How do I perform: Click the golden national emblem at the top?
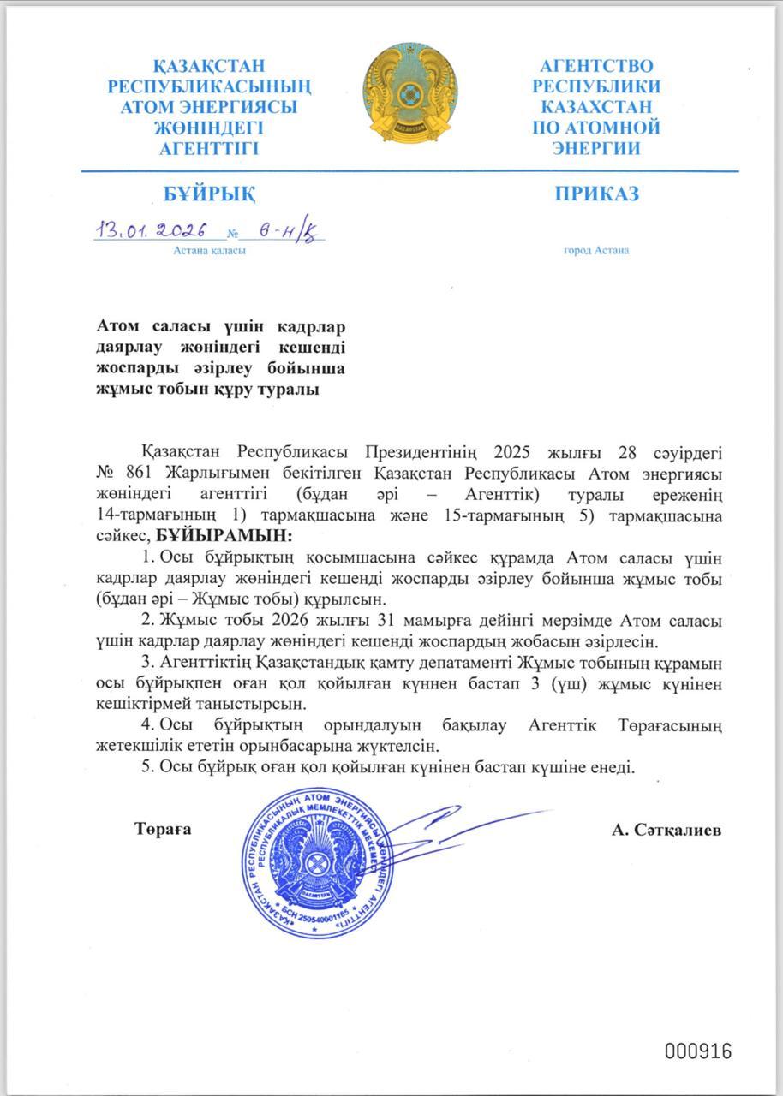coord(409,95)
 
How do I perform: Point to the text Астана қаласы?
coord(210,251)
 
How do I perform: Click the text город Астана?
coord(596,251)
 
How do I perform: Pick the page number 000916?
coord(698,1051)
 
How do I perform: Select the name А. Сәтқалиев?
coord(666,831)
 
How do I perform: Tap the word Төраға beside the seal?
coord(163,830)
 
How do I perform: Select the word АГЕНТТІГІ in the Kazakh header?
coord(208,147)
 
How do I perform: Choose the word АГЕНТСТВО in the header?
coord(596,66)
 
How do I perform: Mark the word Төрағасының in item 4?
coord(670,725)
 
